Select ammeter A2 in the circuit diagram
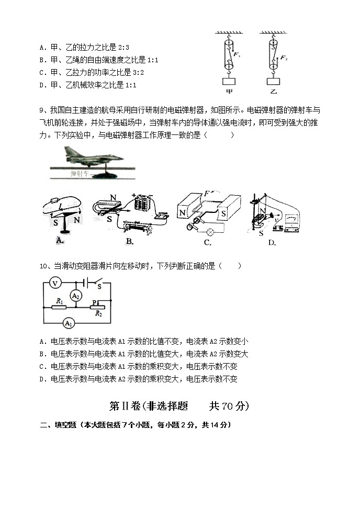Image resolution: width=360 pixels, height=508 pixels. point(76,296)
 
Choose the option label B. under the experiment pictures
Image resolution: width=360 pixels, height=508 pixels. point(130,241)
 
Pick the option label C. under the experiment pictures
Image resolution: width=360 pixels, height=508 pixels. point(208,242)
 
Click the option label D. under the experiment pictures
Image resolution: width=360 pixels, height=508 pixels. point(272,242)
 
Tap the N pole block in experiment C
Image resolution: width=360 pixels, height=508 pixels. point(183,213)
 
